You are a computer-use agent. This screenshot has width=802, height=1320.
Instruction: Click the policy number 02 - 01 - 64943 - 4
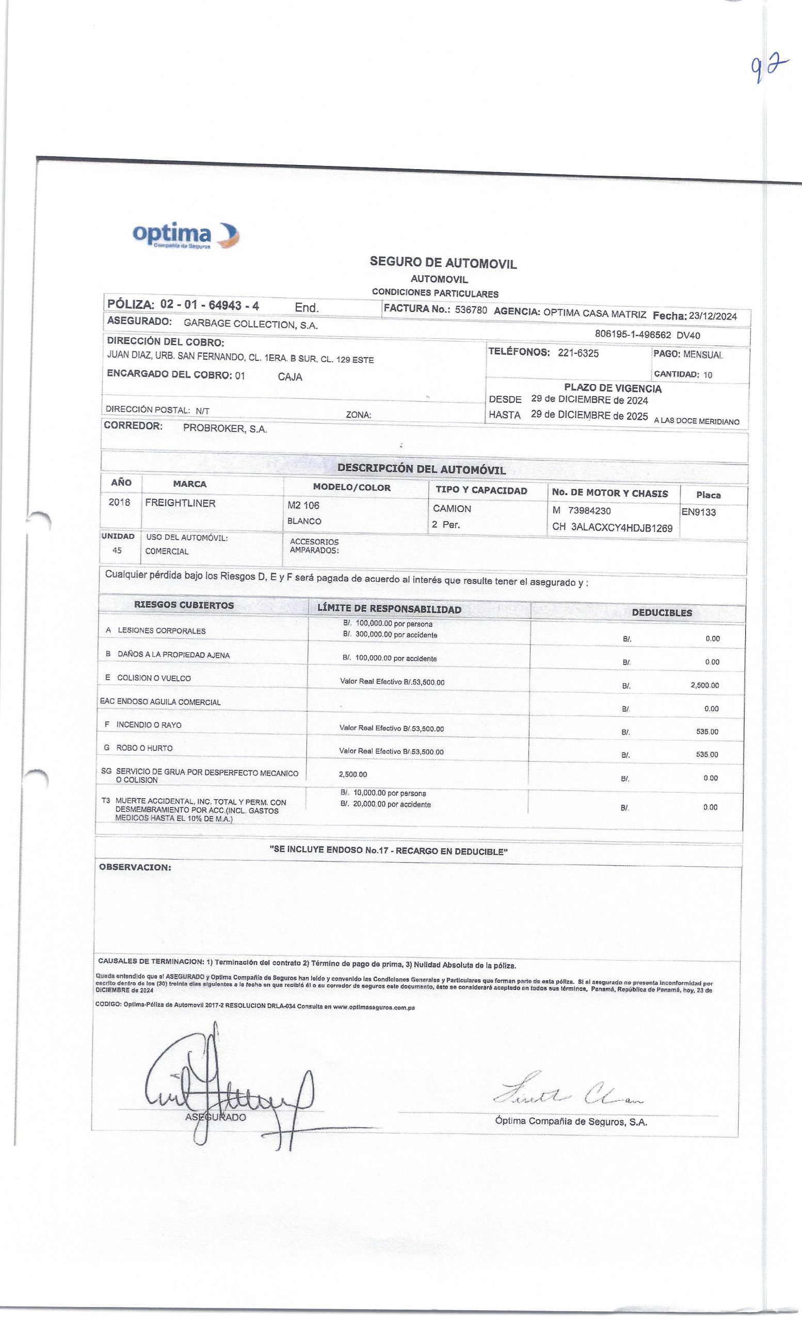tap(210, 305)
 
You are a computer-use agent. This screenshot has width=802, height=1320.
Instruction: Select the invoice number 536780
tap(471, 310)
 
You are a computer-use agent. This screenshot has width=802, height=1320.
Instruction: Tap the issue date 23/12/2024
tap(713, 316)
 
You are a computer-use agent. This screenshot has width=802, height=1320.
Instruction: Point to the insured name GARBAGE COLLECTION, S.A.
tap(250, 324)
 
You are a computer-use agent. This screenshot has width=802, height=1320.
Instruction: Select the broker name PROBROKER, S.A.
tap(224, 428)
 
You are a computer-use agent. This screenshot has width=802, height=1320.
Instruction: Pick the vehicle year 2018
tap(119, 503)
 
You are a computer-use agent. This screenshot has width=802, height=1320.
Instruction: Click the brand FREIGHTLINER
tap(180, 503)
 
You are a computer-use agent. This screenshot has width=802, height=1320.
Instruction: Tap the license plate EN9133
tap(699, 511)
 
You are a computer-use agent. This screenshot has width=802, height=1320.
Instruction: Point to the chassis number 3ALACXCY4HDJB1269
tap(621, 527)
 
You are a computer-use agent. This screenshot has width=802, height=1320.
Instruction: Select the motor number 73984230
tap(589, 510)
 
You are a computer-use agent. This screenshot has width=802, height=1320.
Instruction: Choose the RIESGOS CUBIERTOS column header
tap(184, 605)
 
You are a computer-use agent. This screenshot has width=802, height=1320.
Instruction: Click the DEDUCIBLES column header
tap(662, 613)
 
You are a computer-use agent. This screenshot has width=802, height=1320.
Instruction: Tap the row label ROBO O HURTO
tap(144, 748)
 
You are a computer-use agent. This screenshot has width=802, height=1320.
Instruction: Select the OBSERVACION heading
tap(135, 867)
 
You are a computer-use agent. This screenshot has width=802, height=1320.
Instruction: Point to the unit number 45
tap(117, 550)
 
